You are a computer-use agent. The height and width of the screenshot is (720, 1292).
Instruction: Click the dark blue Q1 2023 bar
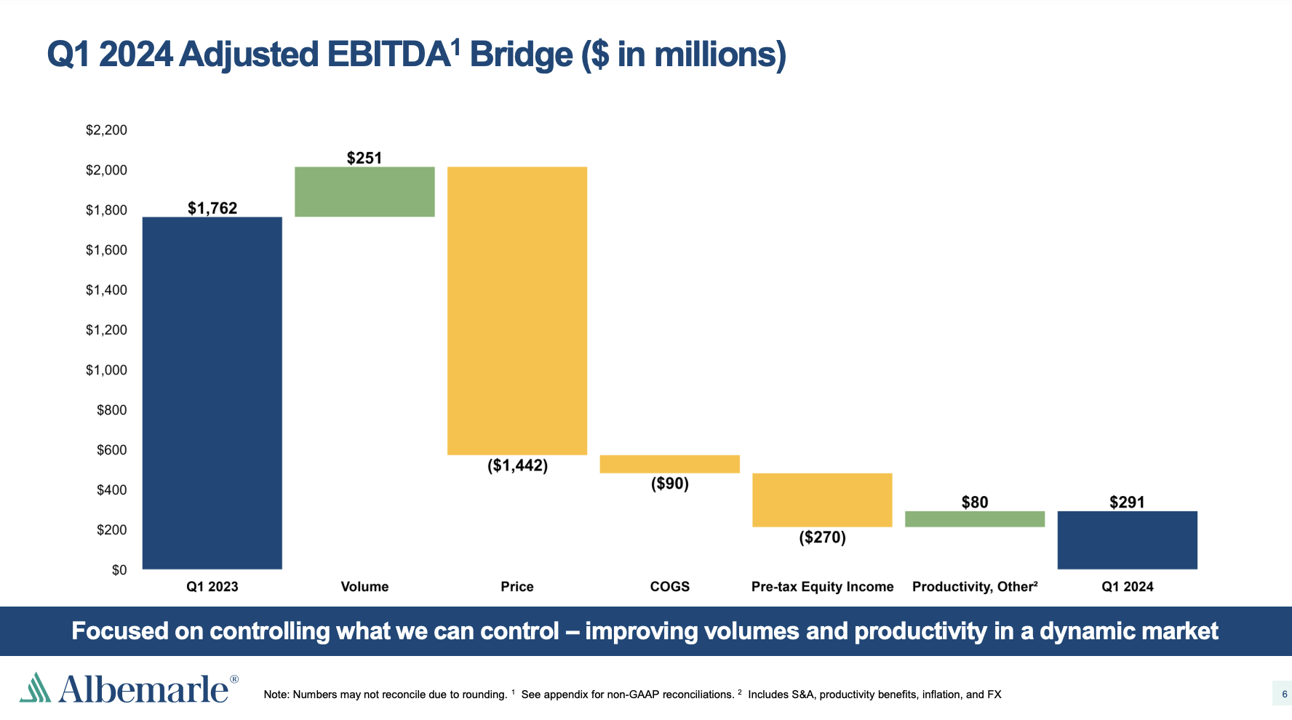pos(212,393)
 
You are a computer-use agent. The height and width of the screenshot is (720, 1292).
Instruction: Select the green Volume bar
pos(364,192)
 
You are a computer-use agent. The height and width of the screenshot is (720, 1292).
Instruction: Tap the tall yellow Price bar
pos(517,311)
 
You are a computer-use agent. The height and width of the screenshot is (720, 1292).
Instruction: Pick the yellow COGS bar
pos(669,464)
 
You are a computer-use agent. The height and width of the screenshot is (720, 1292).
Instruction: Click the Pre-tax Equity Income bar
pos(822,500)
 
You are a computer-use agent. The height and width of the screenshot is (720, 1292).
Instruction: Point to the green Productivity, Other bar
pos(975,519)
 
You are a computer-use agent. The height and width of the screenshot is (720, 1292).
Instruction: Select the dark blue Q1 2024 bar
pos(1127,540)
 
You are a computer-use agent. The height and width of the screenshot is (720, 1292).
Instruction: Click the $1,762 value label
pos(212,208)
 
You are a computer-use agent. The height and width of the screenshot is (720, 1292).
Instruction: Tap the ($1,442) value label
pos(517,465)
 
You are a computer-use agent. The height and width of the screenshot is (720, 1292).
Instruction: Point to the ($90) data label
pos(670,484)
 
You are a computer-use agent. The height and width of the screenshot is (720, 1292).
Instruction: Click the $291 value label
pos(1127,502)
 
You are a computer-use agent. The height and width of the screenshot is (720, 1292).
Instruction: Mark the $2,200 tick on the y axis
pos(106,130)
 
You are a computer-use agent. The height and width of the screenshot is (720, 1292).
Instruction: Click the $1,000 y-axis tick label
pos(106,370)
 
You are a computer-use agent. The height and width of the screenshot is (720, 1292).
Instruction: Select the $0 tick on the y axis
pos(119,570)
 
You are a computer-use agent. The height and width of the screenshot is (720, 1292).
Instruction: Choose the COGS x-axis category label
pos(670,587)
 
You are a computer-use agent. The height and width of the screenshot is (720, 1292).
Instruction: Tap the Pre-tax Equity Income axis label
pos(823,587)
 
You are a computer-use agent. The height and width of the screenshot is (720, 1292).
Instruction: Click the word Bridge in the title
pos(521,55)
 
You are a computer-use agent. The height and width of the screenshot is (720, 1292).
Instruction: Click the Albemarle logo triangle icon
pos(35,687)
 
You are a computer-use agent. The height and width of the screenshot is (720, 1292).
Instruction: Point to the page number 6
pos(1285,695)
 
